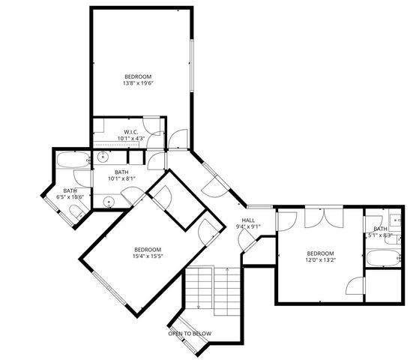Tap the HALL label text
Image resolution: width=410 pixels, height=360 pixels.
(248, 220)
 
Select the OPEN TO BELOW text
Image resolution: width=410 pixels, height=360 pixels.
(190, 334)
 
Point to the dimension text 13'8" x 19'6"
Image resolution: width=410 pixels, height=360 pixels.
(138, 85)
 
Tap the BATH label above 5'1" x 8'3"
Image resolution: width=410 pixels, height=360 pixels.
(380, 229)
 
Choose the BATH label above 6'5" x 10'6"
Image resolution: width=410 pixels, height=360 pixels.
(70, 190)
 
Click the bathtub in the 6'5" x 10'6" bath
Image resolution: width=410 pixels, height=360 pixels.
(73, 161)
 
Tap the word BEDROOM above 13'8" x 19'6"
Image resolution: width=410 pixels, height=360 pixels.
(138, 77)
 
